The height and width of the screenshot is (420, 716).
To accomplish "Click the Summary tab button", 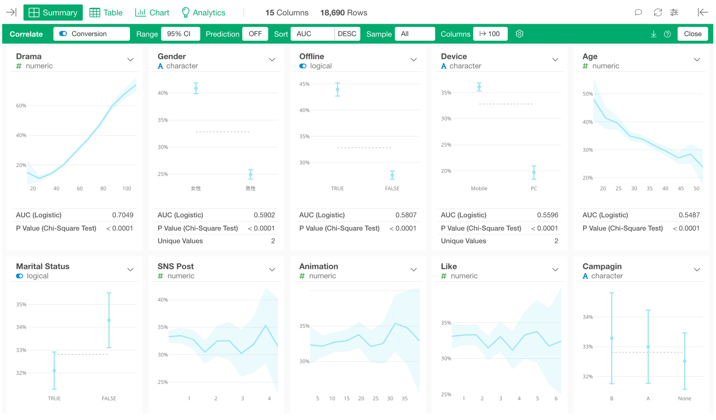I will click(x=53, y=12).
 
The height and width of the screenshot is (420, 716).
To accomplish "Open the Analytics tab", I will click(x=203, y=12).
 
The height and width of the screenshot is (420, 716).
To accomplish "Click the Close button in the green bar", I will click(x=692, y=34).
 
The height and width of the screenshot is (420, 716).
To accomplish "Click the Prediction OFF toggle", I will click(x=255, y=34).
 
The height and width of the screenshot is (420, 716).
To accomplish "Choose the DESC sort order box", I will click(x=347, y=34).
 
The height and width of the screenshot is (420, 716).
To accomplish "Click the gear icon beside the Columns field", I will click(x=519, y=34).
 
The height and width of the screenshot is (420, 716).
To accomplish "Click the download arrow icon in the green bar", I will click(x=653, y=34).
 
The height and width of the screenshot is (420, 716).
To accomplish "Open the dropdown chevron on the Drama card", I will click(x=131, y=60).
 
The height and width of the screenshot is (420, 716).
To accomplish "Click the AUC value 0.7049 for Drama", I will click(x=123, y=215).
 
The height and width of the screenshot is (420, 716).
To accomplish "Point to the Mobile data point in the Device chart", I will click(x=479, y=87).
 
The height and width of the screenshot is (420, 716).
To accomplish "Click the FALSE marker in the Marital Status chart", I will click(x=109, y=320).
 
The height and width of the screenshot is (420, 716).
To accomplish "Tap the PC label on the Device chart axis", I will click(x=534, y=189).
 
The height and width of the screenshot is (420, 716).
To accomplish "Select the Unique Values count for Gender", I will click(x=273, y=241).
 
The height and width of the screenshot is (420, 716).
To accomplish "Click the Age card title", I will click(x=590, y=56).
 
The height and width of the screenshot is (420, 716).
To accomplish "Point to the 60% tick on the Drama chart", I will click(x=21, y=106).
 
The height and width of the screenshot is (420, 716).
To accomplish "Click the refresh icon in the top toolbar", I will click(x=658, y=12).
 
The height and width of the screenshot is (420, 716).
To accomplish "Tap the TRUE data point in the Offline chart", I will click(x=337, y=90).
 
